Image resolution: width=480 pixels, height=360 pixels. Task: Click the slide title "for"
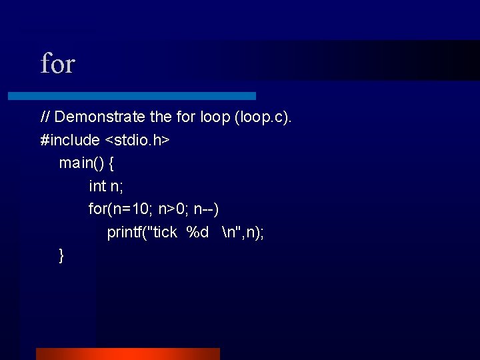[x=57, y=65]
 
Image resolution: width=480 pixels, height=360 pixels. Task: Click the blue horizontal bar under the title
[x=131, y=96]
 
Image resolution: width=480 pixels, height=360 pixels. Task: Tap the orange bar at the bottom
[x=127, y=353]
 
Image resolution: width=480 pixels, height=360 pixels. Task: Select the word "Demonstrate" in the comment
[x=100, y=117]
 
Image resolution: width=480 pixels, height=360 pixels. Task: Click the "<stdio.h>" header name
[x=137, y=140]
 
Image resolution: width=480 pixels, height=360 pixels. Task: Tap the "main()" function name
[x=80, y=163]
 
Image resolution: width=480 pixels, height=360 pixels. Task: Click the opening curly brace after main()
[x=111, y=163]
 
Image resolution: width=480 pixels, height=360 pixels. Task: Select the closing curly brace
[x=61, y=255]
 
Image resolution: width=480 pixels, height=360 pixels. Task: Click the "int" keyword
[x=97, y=186]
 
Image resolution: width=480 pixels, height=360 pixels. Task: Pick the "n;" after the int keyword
[x=117, y=186]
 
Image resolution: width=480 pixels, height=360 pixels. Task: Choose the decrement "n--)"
[x=207, y=209]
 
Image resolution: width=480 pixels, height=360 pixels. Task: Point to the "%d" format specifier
[x=197, y=233]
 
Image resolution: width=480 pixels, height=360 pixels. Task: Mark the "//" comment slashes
[x=45, y=117]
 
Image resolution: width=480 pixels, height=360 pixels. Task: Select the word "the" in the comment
[x=161, y=117]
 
